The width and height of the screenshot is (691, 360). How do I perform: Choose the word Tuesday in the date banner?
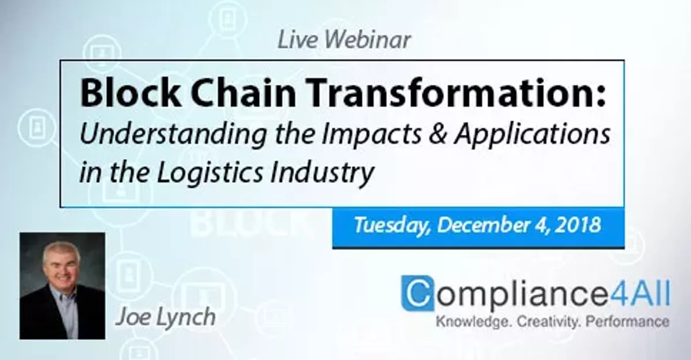[x=391, y=225]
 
